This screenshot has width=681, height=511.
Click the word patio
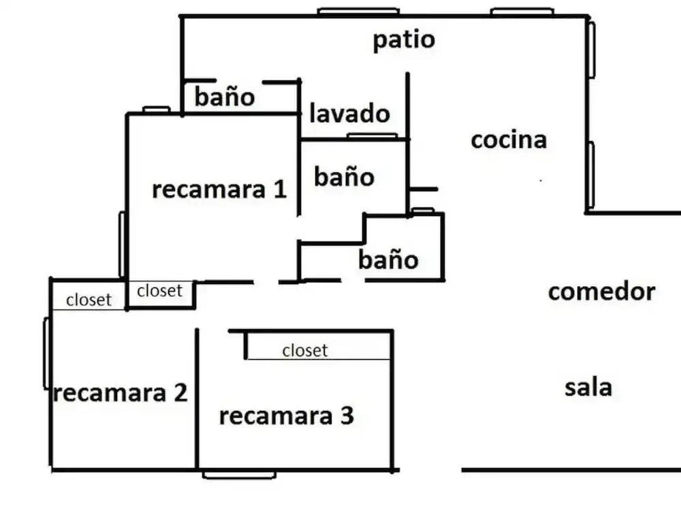tap(404, 40)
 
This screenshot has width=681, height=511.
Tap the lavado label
tap(349, 114)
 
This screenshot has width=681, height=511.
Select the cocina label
tap(509, 140)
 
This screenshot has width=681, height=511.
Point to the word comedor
tap(601, 292)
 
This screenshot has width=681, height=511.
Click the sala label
tap(588, 388)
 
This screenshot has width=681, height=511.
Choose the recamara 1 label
tap(219, 189)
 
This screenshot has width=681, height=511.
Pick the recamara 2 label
tap(120, 393)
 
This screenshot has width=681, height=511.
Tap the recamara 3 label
tap(287, 416)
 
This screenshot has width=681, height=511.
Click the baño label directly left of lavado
tap(225, 97)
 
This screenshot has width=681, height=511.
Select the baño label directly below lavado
tap(345, 177)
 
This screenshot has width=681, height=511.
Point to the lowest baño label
tap(388, 260)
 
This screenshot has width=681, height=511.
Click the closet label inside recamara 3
tap(305, 350)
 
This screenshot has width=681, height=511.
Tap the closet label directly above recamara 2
tap(89, 300)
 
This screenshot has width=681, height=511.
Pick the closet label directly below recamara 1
tap(160, 291)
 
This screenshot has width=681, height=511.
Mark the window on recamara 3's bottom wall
tap(239, 474)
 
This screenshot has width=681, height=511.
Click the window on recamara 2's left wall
tap(46, 353)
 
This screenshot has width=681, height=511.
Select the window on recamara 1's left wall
tap(122, 244)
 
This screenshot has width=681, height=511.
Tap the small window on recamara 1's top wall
tap(156, 110)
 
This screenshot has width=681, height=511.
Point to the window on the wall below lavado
tap(372, 136)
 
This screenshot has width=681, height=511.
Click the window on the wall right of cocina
tap(590, 174)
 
